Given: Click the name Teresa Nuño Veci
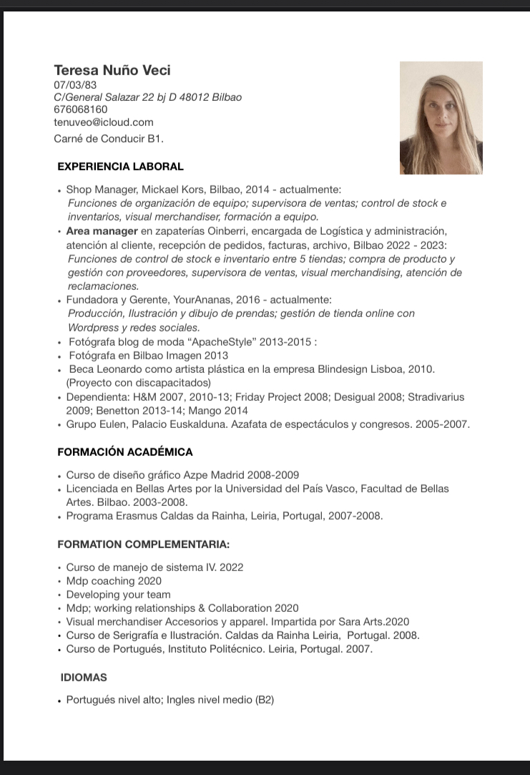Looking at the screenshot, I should [112, 70].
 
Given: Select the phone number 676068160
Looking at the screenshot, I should [81, 109].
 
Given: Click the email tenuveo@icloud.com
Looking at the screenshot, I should [104, 122].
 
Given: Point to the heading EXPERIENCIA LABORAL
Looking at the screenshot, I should [120, 167].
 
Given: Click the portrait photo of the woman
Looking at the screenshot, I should [441, 118].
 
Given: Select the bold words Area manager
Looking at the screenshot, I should [102, 230].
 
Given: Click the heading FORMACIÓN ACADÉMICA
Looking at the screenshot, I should [125, 452].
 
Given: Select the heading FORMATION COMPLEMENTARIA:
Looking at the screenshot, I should [143, 545].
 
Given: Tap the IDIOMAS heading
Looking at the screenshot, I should [84, 677].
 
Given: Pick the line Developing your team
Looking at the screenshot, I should [118, 595].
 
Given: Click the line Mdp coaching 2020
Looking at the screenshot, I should [114, 581].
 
